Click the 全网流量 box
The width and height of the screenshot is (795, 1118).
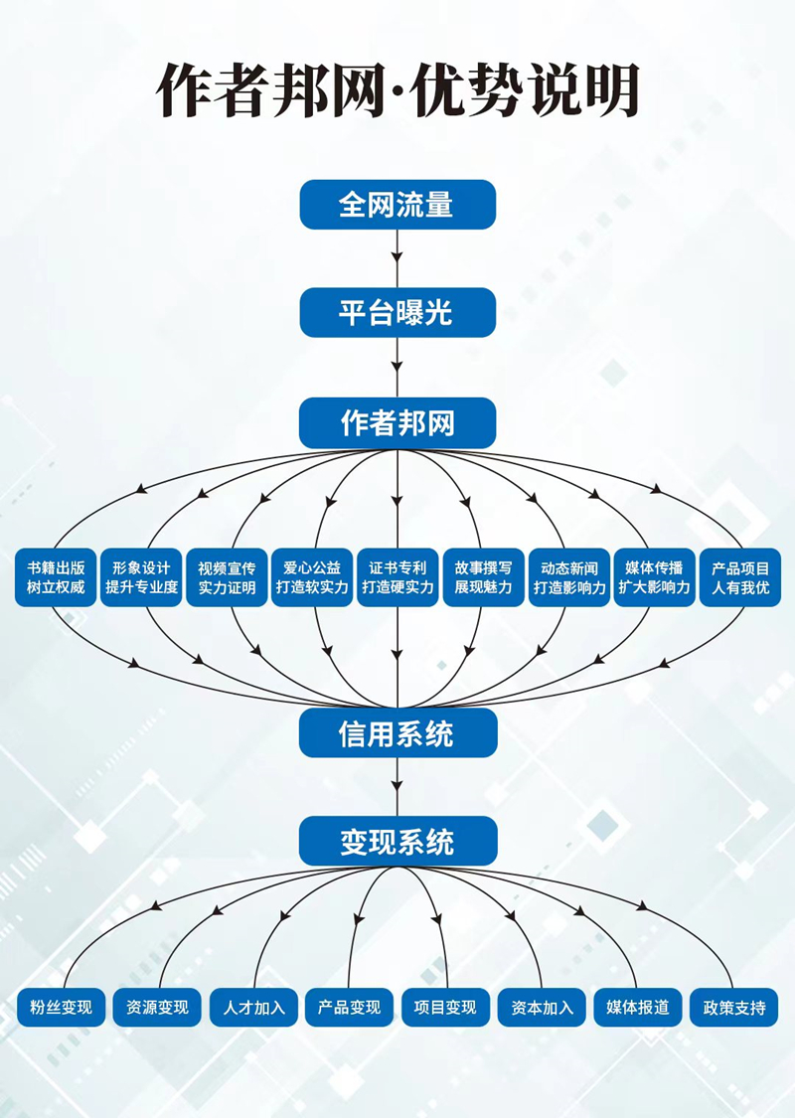[397, 205]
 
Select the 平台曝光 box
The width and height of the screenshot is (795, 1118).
[397, 313]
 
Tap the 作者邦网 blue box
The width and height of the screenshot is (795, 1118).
[397, 423]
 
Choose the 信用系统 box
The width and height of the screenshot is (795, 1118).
[397, 733]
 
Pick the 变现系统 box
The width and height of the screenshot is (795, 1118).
[397, 842]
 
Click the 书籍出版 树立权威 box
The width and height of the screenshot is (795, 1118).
[56, 577]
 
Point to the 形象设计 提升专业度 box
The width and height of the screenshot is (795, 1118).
[142, 577]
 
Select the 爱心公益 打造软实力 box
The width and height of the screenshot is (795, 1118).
[312, 577]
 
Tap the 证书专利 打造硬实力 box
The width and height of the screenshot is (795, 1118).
[397, 577]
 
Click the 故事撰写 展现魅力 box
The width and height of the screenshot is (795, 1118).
[484, 577]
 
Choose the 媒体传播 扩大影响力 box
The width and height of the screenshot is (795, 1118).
[654, 577]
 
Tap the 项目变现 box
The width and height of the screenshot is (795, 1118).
[445, 1007]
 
